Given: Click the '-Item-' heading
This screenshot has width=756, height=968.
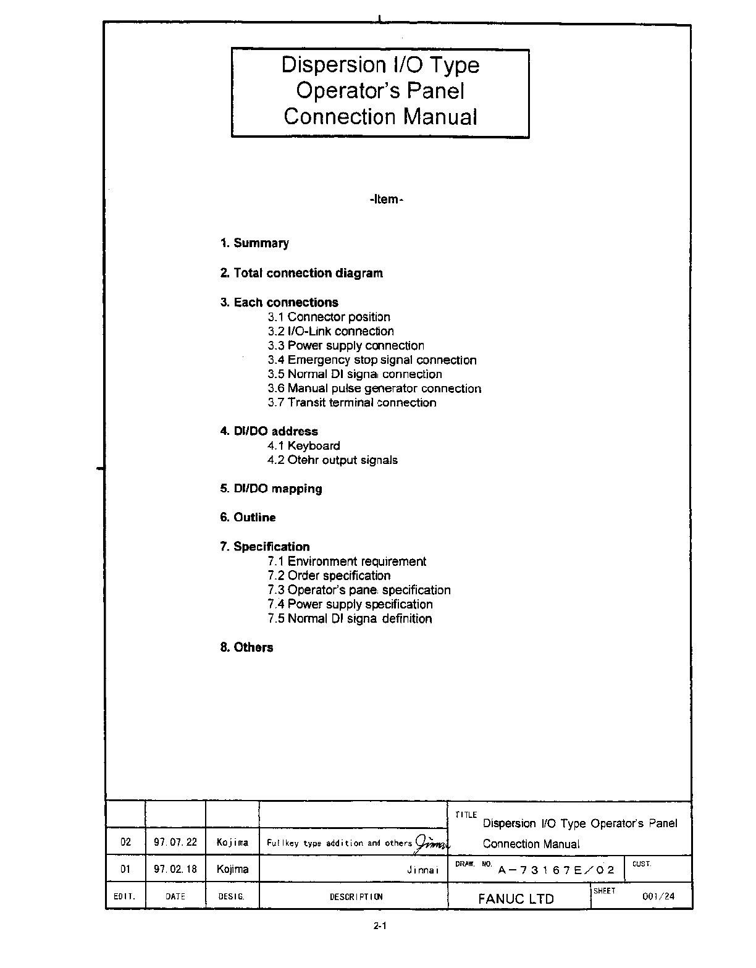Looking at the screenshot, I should click(x=386, y=200).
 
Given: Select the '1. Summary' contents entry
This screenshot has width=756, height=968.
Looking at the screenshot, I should click(x=254, y=243).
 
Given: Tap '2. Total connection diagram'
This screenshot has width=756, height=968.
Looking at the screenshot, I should click(x=301, y=273).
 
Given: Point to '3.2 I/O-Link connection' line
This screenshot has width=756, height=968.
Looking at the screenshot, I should click(x=330, y=331).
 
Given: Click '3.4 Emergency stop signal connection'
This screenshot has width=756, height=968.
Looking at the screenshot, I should click(x=372, y=360).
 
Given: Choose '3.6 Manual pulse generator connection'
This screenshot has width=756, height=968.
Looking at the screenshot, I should click(x=374, y=389).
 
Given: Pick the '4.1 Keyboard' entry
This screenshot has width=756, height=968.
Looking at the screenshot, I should click(x=303, y=446).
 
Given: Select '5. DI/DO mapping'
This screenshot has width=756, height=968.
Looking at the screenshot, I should click(x=271, y=489).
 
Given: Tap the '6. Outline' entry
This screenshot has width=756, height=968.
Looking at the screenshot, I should click(x=248, y=518).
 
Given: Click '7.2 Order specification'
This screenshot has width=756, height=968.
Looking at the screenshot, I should click(x=329, y=576).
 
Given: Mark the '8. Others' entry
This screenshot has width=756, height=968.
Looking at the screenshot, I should click(x=246, y=647).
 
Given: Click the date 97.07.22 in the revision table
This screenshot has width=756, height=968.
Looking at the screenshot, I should click(x=175, y=842).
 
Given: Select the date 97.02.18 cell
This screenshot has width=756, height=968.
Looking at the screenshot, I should click(x=175, y=869).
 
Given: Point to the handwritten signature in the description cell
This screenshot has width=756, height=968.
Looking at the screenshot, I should click(x=432, y=842).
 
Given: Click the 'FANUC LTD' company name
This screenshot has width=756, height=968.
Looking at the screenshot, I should click(x=516, y=899).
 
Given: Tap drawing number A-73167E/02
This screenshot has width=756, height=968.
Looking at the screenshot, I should click(x=556, y=870).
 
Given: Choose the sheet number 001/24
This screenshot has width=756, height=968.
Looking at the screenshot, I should click(x=658, y=896).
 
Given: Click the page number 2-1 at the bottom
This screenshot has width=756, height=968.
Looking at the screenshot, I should click(x=379, y=926).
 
